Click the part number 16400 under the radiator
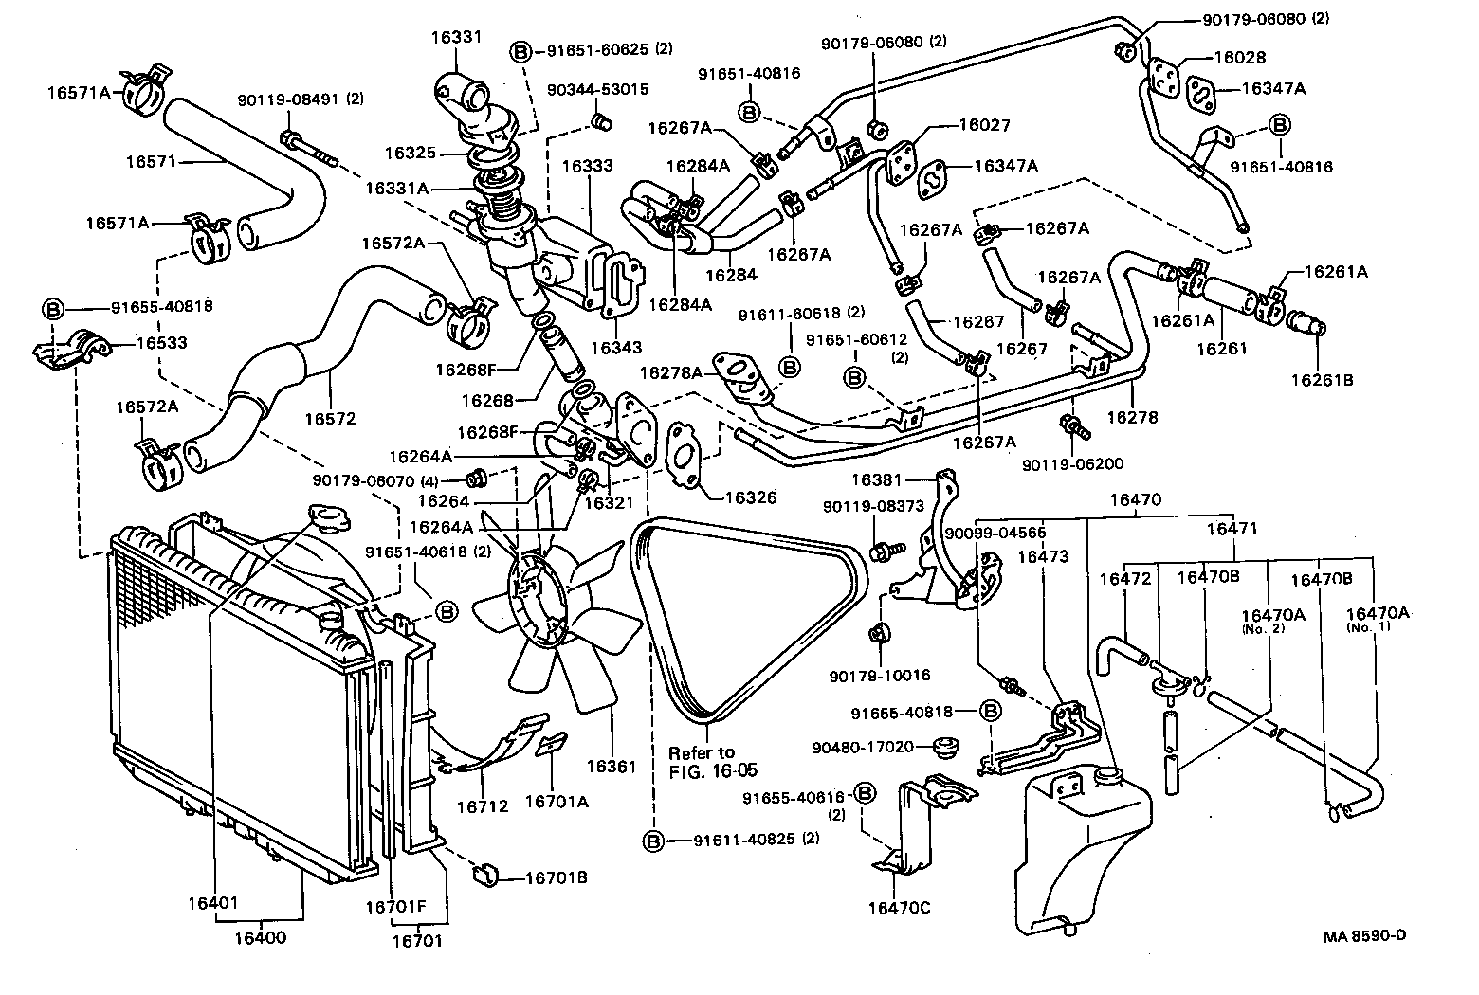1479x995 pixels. tap(263, 938)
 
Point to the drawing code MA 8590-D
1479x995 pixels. tap(1365, 936)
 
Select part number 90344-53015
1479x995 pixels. tap(598, 89)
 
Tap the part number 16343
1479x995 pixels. tap(615, 348)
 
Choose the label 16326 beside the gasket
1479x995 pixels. tap(750, 497)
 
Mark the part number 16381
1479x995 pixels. tap(875, 480)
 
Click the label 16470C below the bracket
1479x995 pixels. tap(899, 908)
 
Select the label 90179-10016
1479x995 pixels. tap(879, 676)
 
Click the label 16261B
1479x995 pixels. tap(1322, 380)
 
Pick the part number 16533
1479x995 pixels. tap(162, 343)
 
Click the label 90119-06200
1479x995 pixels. tap(1072, 464)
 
